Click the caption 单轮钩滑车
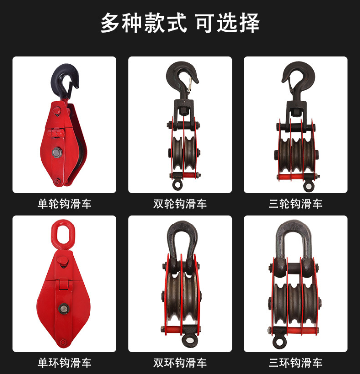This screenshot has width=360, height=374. (x=65, y=204)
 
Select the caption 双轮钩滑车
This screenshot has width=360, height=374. (x=180, y=204)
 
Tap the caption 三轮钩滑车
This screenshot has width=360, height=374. (x=295, y=204)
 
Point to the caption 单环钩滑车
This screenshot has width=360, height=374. (x=65, y=363)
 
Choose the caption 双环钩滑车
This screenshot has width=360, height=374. (x=180, y=363)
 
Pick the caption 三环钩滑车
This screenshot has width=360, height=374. (x=295, y=363)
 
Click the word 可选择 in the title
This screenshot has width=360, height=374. (x=228, y=23)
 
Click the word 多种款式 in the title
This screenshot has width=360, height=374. (x=144, y=23)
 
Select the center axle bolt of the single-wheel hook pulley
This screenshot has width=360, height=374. (x=57, y=152)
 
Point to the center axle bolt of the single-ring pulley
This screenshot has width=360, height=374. (x=64, y=309)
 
